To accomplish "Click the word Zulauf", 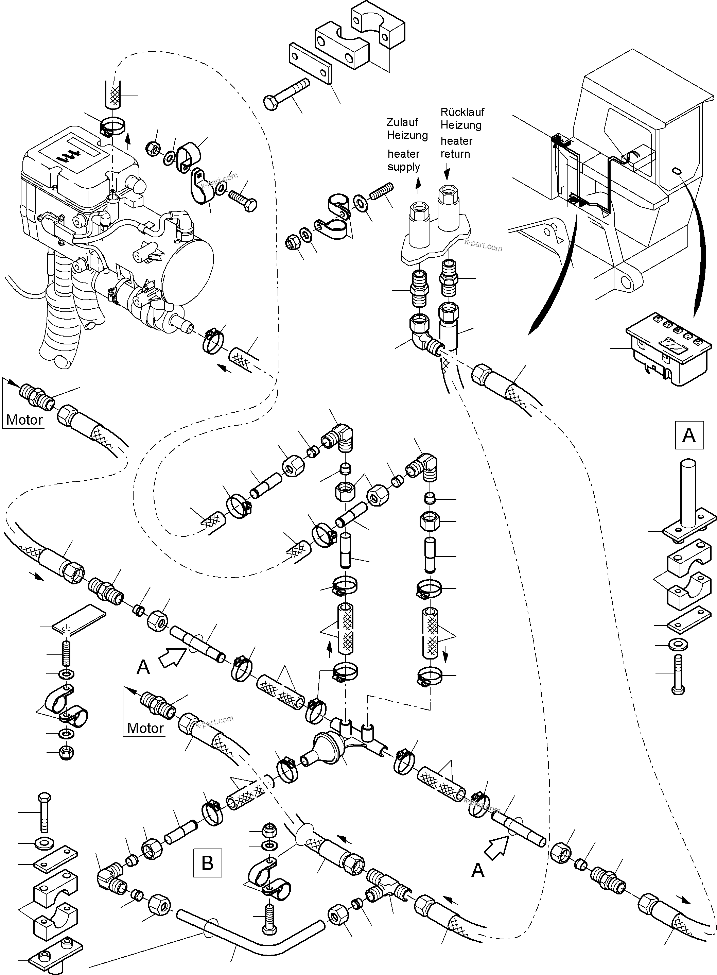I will [402, 122].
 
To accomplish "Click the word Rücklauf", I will [462, 112].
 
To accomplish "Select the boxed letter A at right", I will [689, 434].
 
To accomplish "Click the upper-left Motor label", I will [24, 420].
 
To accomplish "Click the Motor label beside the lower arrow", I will [145, 728].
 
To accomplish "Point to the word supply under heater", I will [404, 167].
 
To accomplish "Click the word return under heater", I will [455, 154].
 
